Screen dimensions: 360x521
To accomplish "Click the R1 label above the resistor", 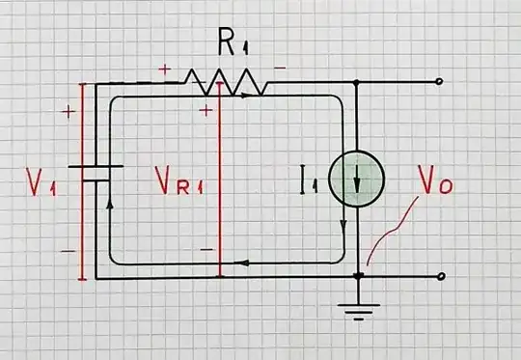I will pyautogui.click(x=229, y=43).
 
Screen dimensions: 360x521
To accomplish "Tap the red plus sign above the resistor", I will pyautogui.click(x=164, y=69).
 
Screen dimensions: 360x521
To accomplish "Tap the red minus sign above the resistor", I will pyautogui.click(x=279, y=69).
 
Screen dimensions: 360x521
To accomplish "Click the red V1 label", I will pyautogui.click(x=41, y=181).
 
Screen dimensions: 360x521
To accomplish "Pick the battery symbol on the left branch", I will pyautogui.click(x=99, y=174).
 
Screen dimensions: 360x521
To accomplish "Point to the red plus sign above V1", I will pyautogui.click(x=68, y=112).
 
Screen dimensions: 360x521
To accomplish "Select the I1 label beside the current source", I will pyautogui.click(x=309, y=178).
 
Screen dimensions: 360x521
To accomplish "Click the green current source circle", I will pyautogui.click(x=357, y=180).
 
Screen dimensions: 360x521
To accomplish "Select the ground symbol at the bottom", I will pyautogui.click(x=358, y=309).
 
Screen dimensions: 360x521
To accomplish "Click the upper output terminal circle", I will pyautogui.click(x=440, y=83).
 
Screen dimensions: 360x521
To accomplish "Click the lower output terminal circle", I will pyautogui.click(x=440, y=277).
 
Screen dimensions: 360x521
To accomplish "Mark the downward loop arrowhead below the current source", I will pyautogui.click(x=343, y=226).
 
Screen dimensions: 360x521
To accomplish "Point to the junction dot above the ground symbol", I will pyautogui.click(x=358, y=277).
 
